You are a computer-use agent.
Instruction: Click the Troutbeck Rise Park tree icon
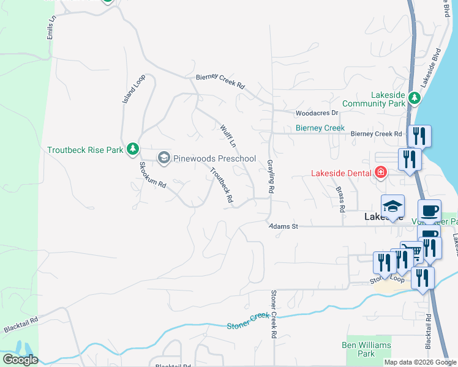[x=132, y=149]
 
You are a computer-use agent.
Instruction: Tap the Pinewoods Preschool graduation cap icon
[x=163, y=158]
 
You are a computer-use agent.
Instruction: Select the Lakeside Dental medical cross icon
[x=381, y=173]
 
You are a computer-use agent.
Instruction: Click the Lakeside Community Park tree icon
[x=415, y=98]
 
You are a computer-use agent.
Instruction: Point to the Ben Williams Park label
[x=366, y=349]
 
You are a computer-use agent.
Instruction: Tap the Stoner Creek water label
[x=248, y=320]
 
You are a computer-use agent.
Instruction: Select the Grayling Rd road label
[x=270, y=177]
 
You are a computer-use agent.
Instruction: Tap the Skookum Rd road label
[x=152, y=175]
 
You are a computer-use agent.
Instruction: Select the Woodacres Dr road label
[x=317, y=113]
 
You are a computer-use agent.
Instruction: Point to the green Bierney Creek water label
[x=320, y=128]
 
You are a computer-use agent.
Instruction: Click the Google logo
[x=20, y=360]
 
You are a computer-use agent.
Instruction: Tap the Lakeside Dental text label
[x=341, y=173]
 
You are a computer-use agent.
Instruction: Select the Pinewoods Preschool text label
[x=214, y=158]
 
